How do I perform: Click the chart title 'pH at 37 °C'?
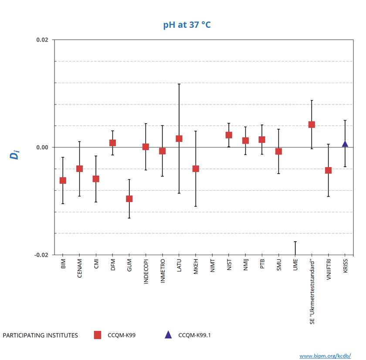coord(186,25)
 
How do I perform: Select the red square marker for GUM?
coord(129,199)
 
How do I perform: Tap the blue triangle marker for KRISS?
coord(345,144)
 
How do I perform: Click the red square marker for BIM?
coord(63,180)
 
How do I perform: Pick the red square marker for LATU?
coord(179,139)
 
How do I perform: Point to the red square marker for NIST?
coord(229,135)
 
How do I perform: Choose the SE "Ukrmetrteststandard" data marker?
coord(312,124)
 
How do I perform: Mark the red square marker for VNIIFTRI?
coord(328,170)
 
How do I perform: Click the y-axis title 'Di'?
coord(16,154)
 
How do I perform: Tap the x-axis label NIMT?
coord(212,266)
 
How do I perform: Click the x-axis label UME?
coord(295,265)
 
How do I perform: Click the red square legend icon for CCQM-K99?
coord(98,335)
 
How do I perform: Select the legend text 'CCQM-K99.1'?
coord(194,335)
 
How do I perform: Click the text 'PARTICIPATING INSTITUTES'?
coord(40,335)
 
